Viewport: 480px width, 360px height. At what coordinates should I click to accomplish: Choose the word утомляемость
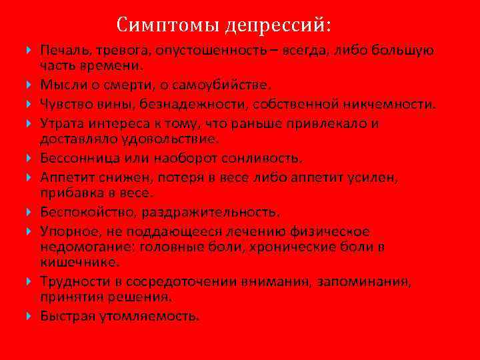[x=159, y=315]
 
